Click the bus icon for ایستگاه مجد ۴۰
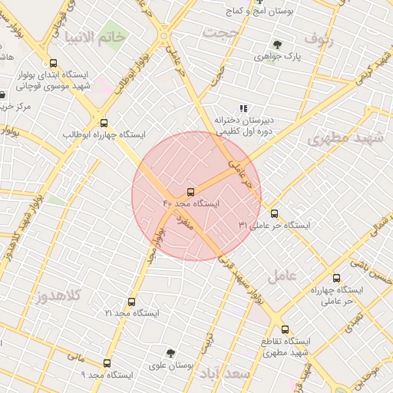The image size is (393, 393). (x=190, y=191)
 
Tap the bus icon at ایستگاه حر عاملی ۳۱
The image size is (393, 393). (x=275, y=214)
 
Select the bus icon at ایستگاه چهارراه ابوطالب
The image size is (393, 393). (x=104, y=123)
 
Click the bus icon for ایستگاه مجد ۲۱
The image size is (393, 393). (x=131, y=302)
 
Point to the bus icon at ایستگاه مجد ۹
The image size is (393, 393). (x=106, y=363)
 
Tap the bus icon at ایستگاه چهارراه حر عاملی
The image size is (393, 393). (x=335, y=278)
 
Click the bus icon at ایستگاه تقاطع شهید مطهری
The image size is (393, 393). (x=285, y=329)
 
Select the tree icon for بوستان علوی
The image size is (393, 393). (x=170, y=353)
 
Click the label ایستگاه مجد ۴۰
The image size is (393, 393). (x=191, y=204)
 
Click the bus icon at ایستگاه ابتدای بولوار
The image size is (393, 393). (x=53, y=64)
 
